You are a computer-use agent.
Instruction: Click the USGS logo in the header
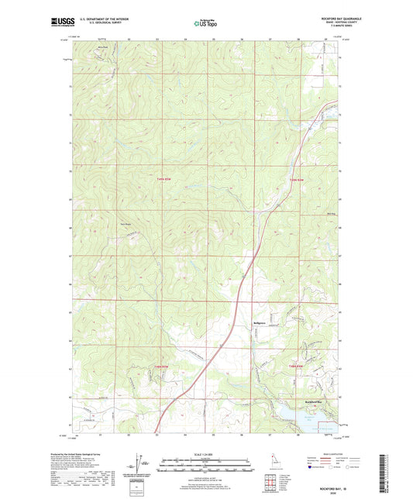[62, 22]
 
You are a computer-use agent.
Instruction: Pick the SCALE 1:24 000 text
[206, 455]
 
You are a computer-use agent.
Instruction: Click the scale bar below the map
[206, 467]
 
